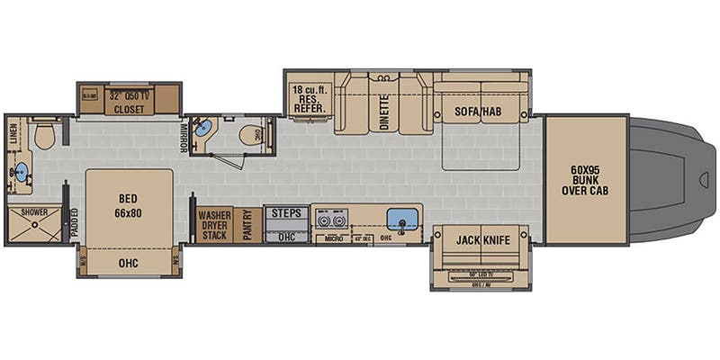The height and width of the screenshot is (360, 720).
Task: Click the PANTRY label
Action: tap(248, 224)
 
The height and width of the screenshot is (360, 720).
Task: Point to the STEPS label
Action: tap(285, 214)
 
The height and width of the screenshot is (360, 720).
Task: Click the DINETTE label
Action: tap(383, 113)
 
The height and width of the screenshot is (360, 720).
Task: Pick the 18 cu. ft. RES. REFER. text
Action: tap(310, 98)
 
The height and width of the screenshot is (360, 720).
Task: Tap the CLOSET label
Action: tap(130, 108)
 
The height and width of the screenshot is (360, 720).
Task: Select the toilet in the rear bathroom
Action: tap(46, 136)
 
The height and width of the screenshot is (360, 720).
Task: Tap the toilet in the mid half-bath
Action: tap(249, 134)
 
